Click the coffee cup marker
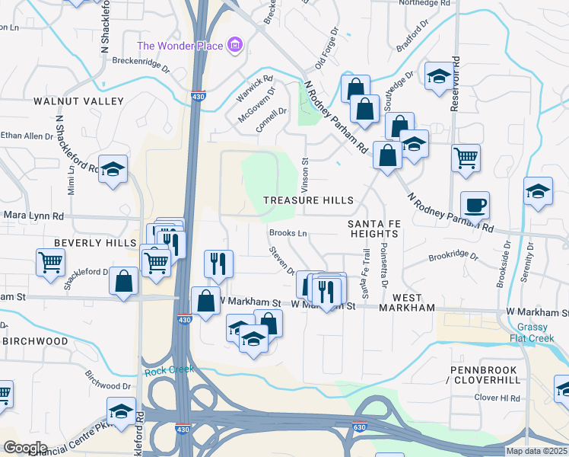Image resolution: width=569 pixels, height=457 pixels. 475,205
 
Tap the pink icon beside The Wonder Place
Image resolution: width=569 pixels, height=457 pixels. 235,46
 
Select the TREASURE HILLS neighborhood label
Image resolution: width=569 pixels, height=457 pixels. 308,200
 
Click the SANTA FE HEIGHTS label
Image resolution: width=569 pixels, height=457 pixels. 374,228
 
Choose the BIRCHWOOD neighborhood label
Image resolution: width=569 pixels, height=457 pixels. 35,341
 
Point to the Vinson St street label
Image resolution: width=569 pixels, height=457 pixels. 305,171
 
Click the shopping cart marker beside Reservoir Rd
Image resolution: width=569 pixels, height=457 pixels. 466,158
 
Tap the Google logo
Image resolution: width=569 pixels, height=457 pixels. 25,448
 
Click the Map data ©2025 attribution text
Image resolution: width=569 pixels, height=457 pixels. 536,451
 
